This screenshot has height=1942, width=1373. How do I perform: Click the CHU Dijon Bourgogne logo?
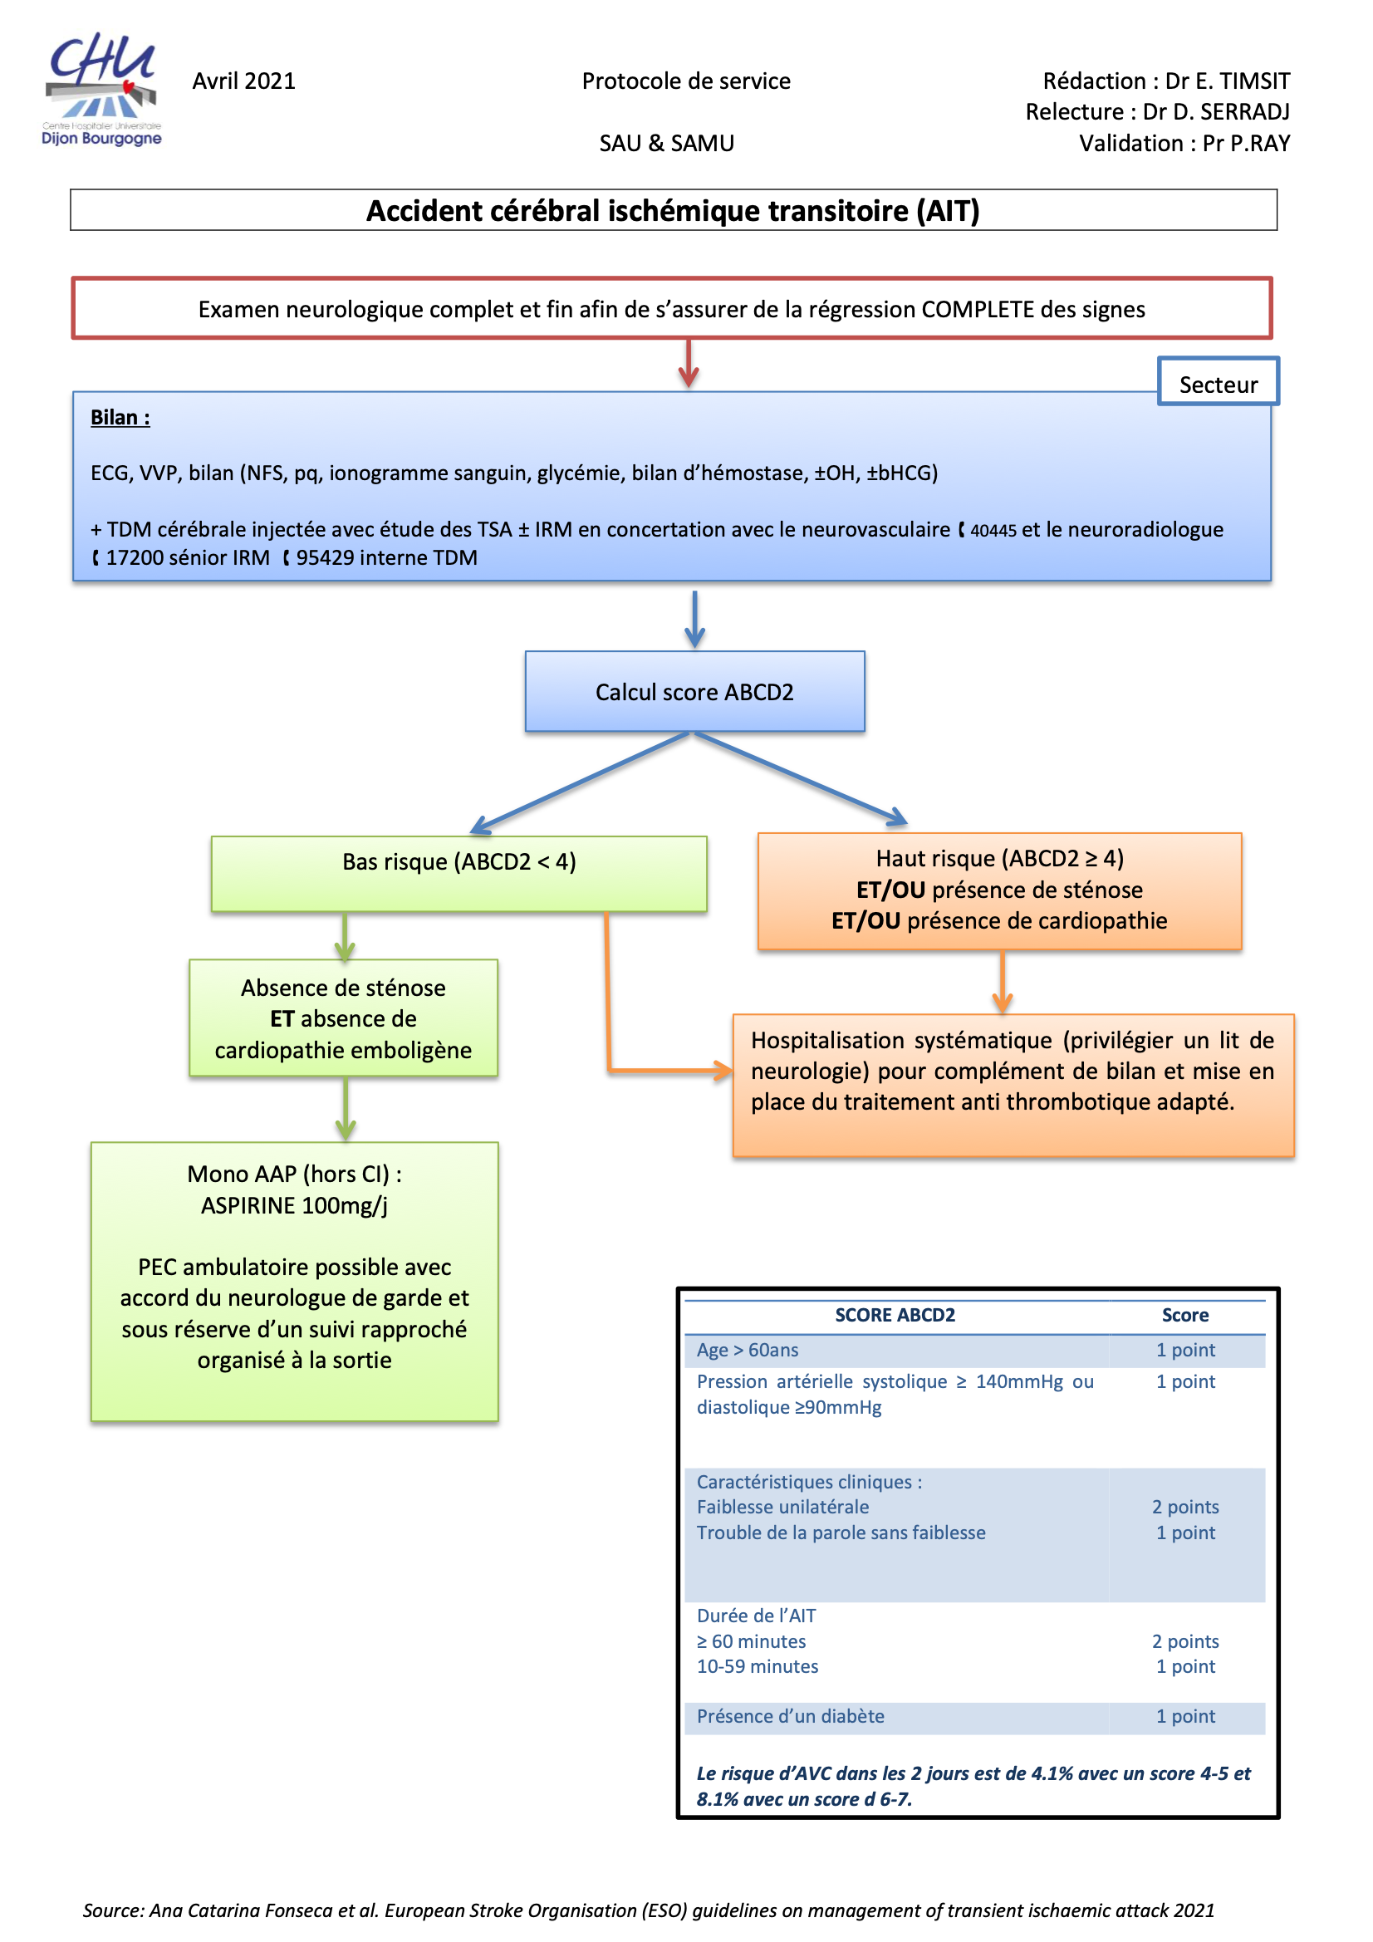pyautogui.click(x=101, y=90)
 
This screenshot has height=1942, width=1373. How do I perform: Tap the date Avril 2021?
pyautogui.click(x=243, y=81)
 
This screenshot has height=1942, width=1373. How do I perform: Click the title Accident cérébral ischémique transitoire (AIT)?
pyautogui.click(x=673, y=211)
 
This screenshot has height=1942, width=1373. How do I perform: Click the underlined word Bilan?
pyautogui.click(x=120, y=418)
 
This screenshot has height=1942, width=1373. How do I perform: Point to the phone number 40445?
pyautogui.click(x=993, y=530)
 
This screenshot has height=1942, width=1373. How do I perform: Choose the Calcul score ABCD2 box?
pyautogui.click(x=694, y=692)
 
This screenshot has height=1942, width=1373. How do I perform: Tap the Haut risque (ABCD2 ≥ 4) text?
pyautogui.click(x=999, y=859)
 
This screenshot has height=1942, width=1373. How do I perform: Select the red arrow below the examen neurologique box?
pyautogui.click(x=689, y=365)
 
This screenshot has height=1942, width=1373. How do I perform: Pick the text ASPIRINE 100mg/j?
pyautogui.click(x=293, y=1205)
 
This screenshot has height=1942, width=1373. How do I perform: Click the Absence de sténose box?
pyautogui.click(x=344, y=1018)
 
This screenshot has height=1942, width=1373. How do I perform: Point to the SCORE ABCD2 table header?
pyautogui.click(x=895, y=1315)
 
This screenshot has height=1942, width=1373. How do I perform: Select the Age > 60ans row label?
pyautogui.click(x=747, y=1350)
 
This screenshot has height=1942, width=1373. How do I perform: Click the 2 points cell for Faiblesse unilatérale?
pyautogui.click(x=1185, y=1507)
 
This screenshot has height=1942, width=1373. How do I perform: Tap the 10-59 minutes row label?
pyautogui.click(x=758, y=1666)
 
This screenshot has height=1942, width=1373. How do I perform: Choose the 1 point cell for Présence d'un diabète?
pyautogui.click(x=1185, y=1716)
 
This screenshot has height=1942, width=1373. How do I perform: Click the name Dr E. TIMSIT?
pyautogui.click(x=1227, y=81)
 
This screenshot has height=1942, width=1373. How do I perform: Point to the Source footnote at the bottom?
pyautogui.click(x=648, y=1910)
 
